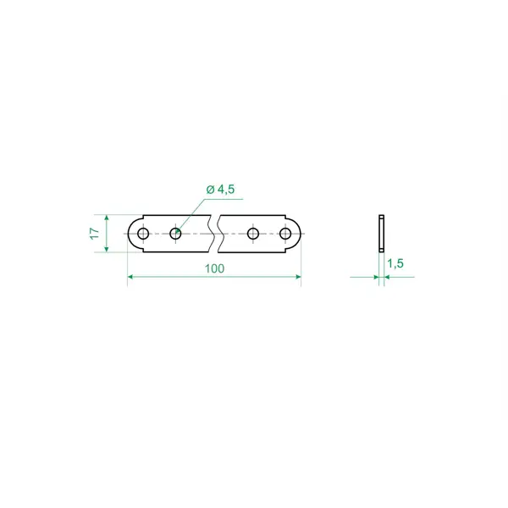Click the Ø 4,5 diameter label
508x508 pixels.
tap(220, 189)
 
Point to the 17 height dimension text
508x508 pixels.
tap(94, 234)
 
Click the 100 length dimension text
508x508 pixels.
tap(214, 268)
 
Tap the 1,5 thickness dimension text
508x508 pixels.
tap(395, 263)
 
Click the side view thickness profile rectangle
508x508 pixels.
tap(382, 234)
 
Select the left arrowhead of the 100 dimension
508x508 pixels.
tap(130, 277)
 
